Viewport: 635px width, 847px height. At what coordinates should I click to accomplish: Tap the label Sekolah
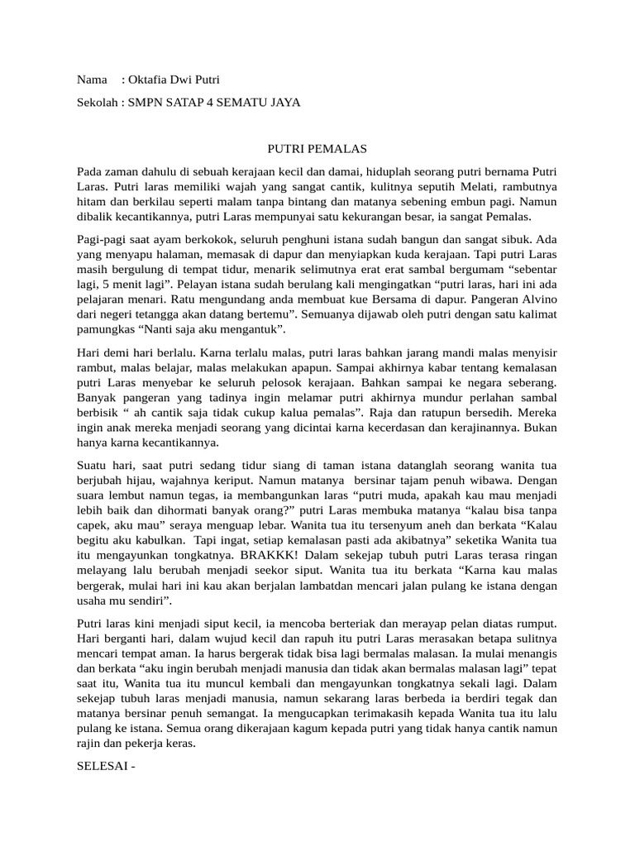point(98,103)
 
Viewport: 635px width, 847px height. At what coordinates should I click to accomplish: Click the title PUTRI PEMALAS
point(312,148)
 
